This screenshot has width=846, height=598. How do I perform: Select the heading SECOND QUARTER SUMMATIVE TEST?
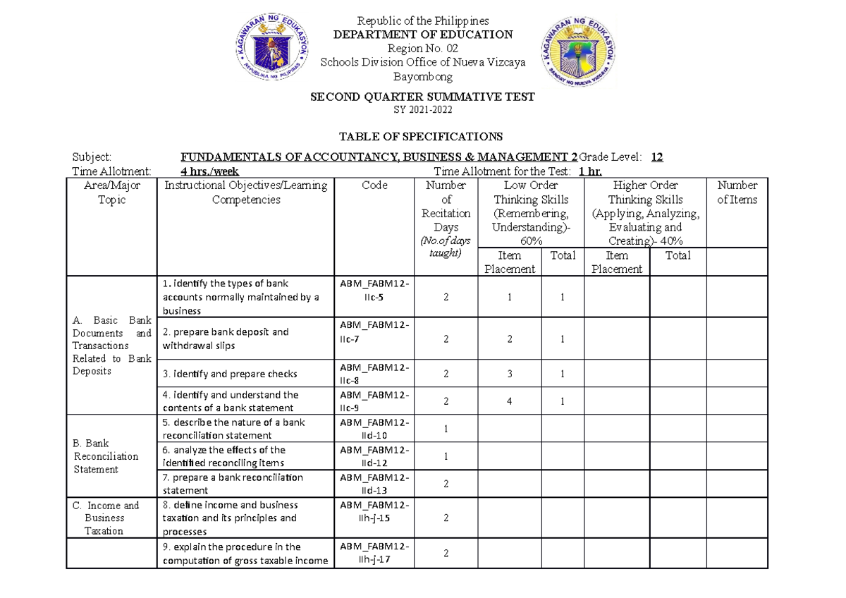click(422, 97)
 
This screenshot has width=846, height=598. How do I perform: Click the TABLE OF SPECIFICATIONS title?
click(422, 136)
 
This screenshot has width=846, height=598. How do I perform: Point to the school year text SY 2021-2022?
click(422, 110)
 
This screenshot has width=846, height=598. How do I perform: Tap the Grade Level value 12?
click(656, 157)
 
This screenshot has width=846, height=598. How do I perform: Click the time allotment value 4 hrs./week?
click(209, 171)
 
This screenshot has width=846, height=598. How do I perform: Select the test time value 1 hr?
click(590, 171)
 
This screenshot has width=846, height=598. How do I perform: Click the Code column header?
click(374, 185)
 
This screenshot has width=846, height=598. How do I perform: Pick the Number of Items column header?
click(737, 193)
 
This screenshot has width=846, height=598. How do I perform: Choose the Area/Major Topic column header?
click(111, 193)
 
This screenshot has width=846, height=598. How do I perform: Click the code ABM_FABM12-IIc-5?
click(377, 290)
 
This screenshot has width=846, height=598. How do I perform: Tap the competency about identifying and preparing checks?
click(230, 374)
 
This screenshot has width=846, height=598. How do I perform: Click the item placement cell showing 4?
click(510, 401)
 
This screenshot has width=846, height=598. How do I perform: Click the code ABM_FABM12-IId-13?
click(377, 484)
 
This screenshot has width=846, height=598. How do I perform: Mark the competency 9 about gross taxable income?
click(245, 554)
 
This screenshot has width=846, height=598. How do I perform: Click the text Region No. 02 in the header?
click(422, 48)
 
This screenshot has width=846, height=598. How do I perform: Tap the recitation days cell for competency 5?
click(446, 429)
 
